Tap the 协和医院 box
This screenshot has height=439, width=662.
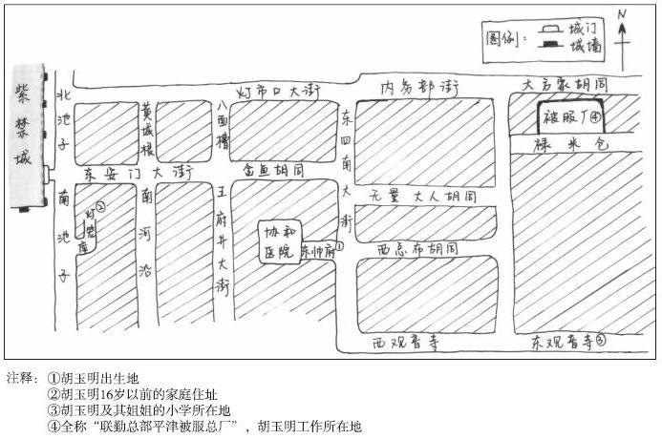pyautogui.click(x=280, y=243)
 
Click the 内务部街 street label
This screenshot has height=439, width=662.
pyautogui.click(x=420, y=88)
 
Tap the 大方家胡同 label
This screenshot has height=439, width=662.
pyautogui.click(x=571, y=84)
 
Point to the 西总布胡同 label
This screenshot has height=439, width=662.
pyautogui.click(x=417, y=248)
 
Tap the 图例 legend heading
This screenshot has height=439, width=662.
pyautogui.click(x=503, y=40)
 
